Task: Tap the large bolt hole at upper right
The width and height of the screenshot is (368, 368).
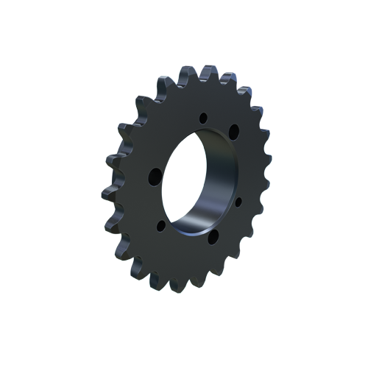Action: point(234,131)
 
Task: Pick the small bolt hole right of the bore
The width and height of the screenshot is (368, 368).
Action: point(238,200)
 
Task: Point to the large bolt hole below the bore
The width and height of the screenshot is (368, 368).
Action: point(212,238)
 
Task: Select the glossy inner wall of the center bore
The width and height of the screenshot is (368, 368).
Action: point(213,184)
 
